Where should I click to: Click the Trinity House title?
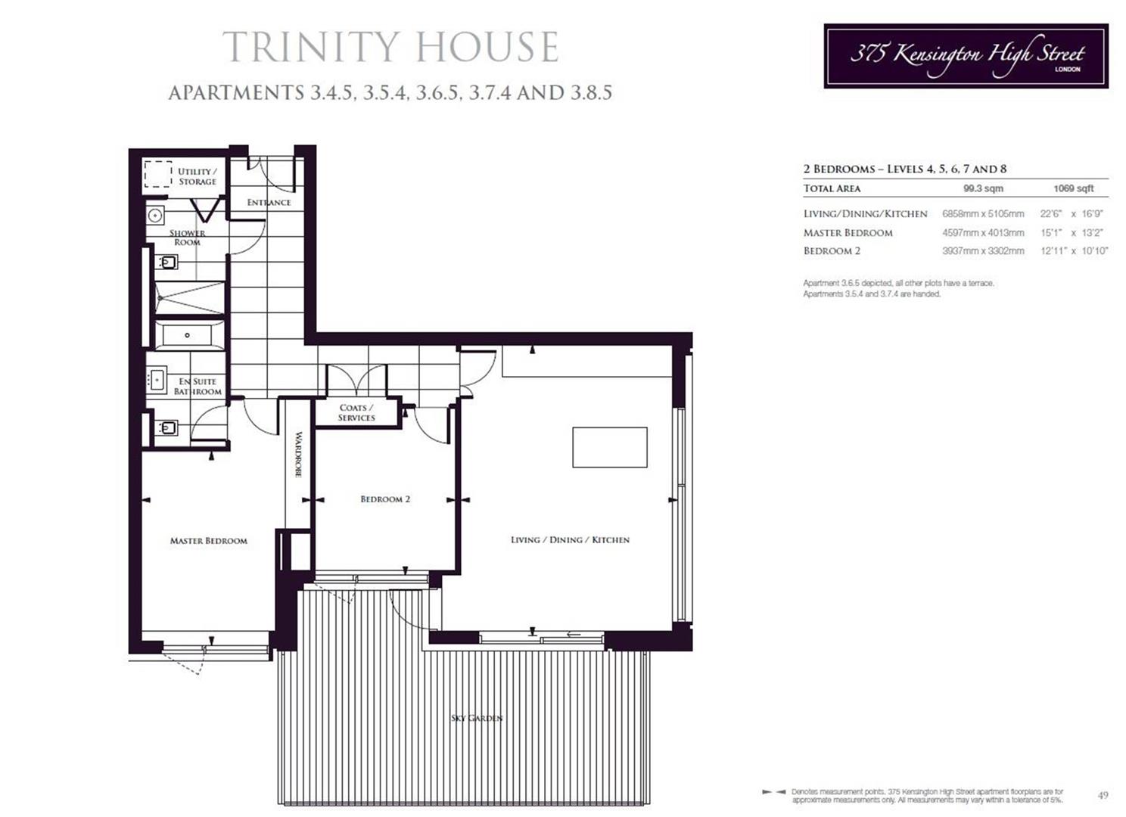(x=390, y=47)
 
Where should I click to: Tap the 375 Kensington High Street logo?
(x=966, y=56)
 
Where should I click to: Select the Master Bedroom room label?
(x=208, y=541)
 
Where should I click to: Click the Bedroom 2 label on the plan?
(x=385, y=499)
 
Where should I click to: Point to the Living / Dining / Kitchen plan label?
(x=570, y=540)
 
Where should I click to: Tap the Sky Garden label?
(x=477, y=718)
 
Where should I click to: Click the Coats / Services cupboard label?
(x=356, y=412)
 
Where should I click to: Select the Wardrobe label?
(x=298, y=454)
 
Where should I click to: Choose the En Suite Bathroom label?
(x=198, y=387)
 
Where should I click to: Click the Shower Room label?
(x=187, y=238)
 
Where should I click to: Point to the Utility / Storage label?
(x=197, y=176)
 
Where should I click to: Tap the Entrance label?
(x=269, y=202)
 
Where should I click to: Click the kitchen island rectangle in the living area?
(x=609, y=447)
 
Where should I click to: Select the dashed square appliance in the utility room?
(x=158, y=173)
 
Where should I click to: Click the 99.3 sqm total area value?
(x=983, y=188)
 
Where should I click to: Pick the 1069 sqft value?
(x=1073, y=188)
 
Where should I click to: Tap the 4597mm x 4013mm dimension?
(x=983, y=233)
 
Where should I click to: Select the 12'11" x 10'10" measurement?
(x=1074, y=251)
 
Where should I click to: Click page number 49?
(x=1103, y=795)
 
